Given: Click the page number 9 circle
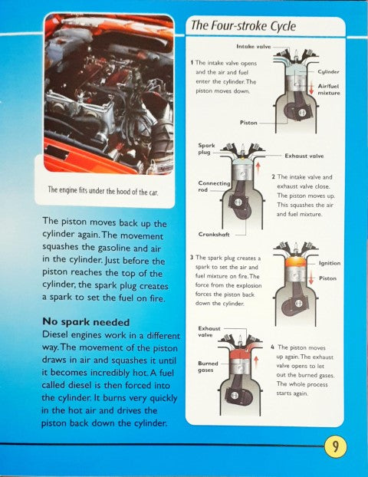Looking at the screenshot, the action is click(x=336, y=446).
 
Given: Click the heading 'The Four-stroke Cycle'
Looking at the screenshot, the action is click(x=243, y=26).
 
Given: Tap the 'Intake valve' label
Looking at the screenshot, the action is click(x=253, y=47).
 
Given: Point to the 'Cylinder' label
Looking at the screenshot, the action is click(x=328, y=72).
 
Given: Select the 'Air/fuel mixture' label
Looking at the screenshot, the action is click(x=329, y=90).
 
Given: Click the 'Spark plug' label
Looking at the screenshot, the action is click(x=206, y=149).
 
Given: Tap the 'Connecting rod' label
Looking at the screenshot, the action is click(x=214, y=186).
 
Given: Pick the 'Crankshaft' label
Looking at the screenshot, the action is click(x=214, y=235).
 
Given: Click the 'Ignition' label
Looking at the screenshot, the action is click(x=330, y=264).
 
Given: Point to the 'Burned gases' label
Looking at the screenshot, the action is click(x=208, y=367).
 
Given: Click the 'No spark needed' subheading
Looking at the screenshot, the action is click(x=86, y=322).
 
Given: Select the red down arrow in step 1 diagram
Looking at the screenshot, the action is click(x=311, y=88).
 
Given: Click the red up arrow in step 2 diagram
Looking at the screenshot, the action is click(x=258, y=169).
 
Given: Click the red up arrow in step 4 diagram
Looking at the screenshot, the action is click(x=256, y=364).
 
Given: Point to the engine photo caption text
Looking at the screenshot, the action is click(x=103, y=191).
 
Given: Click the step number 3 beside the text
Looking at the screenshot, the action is click(x=192, y=258).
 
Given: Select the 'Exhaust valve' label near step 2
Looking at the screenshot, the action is click(x=304, y=156).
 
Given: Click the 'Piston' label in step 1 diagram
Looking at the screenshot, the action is click(x=248, y=123).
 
